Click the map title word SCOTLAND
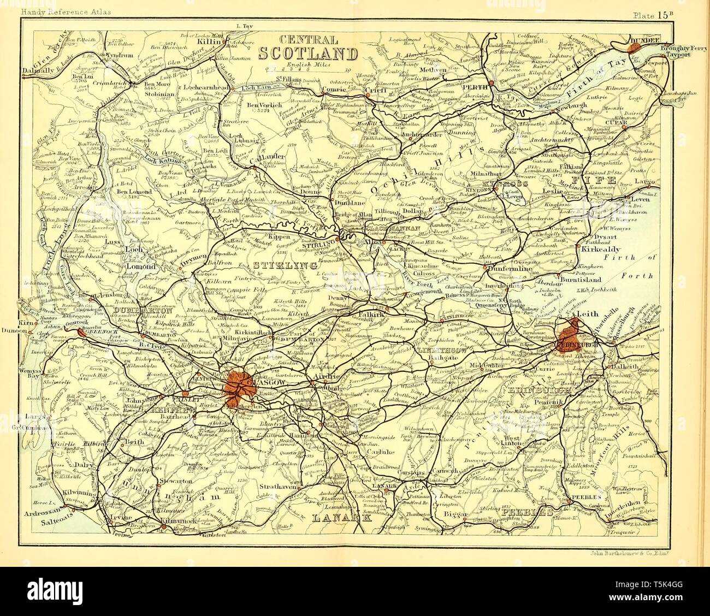307,54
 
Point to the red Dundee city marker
635,48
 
